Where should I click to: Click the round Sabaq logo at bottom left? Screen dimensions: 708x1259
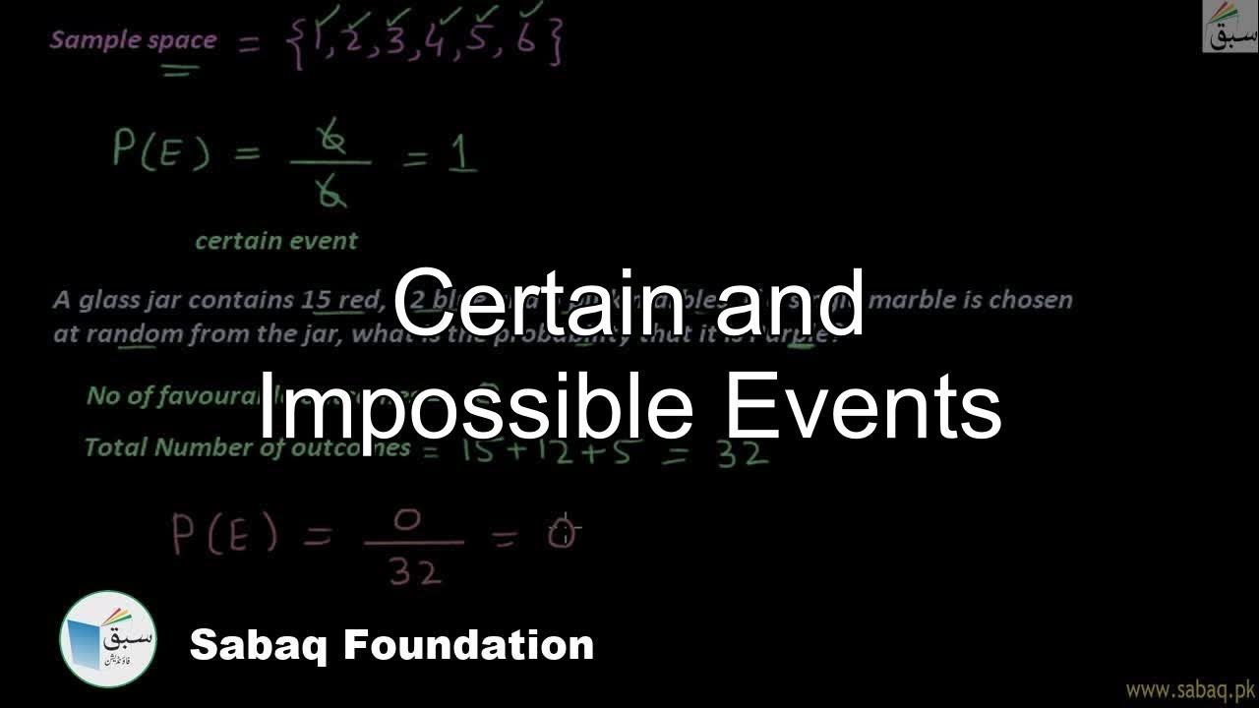tap(107, 639)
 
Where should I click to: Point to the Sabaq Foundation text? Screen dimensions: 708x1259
tap(391, 646)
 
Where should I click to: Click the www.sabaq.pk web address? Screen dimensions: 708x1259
tap(1189, 688)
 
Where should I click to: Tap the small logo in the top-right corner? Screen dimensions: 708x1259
tap(1229, 27)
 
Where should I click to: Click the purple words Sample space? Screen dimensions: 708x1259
tap(133, 40)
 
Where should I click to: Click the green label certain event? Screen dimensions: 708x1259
tap(276, 241)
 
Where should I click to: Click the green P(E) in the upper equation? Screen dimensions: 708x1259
tap(160, 152)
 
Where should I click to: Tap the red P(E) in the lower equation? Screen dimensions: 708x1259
tap(224, 535)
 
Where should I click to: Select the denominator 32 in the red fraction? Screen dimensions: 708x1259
tap(414, 571)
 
